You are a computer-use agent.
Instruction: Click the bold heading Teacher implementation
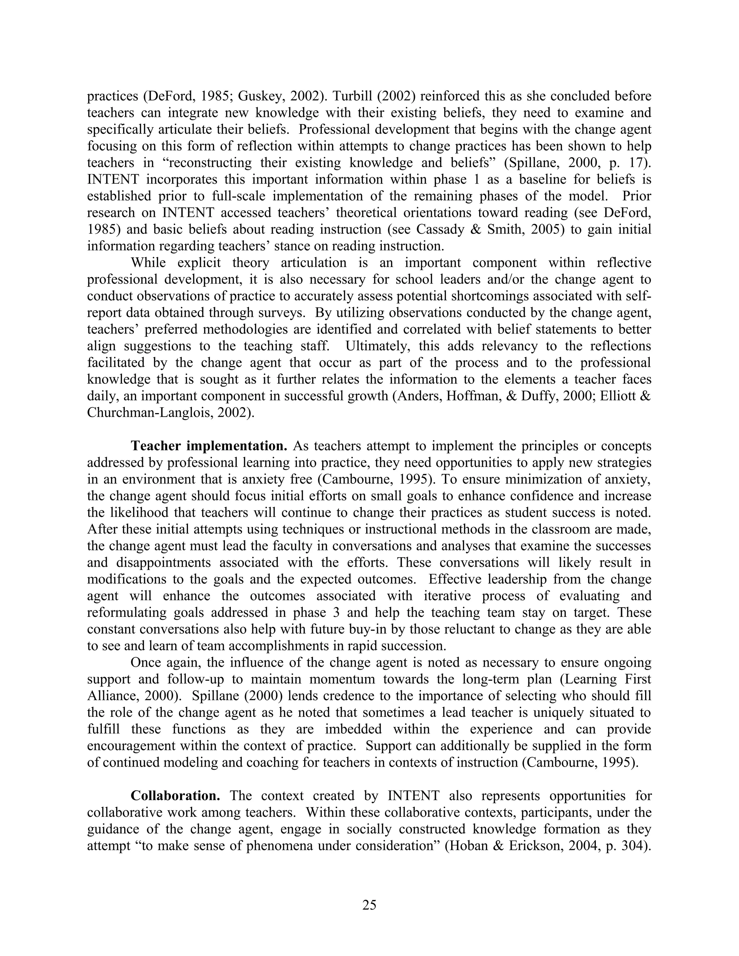(209, 446)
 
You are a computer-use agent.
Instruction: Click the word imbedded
(353, 729)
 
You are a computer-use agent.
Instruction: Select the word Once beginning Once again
(146, 662)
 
